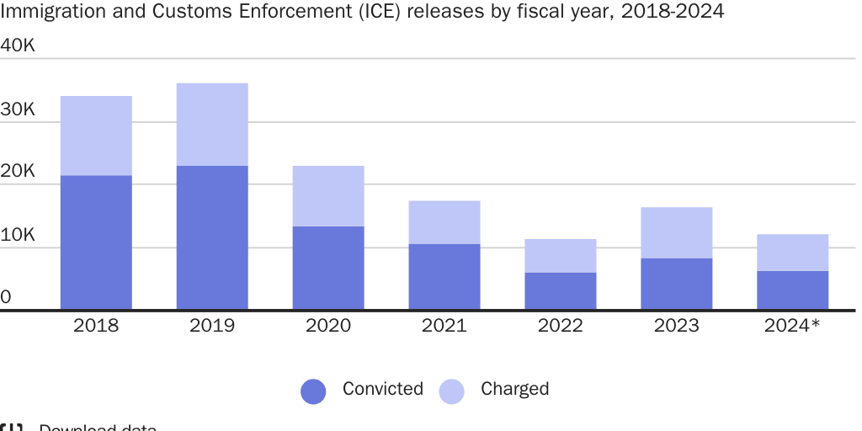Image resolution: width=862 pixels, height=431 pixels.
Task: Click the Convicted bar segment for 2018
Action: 96,242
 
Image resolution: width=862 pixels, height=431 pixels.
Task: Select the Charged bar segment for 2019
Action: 212,125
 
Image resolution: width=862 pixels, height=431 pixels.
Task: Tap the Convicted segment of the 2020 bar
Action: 328,268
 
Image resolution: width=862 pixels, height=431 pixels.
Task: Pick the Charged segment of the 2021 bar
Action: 444,222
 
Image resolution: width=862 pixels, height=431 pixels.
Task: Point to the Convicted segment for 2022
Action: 561,291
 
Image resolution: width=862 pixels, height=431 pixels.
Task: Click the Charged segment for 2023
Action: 677,232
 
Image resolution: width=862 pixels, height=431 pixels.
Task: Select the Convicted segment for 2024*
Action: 793,290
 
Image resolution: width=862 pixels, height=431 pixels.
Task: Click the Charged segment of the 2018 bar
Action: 96,136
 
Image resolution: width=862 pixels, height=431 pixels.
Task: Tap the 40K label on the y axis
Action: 18,45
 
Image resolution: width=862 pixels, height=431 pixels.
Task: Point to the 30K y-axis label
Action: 18,109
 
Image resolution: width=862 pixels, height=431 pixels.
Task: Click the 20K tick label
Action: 18,172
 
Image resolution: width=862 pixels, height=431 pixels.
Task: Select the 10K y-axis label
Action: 18,235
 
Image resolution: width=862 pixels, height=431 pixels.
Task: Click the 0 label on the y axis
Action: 6,297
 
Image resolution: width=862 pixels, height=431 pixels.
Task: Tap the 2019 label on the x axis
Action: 212,326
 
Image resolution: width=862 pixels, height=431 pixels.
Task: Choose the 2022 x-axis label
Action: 561,326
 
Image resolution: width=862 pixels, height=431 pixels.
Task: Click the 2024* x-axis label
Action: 792,326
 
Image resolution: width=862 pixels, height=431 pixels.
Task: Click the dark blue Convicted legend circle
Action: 313,391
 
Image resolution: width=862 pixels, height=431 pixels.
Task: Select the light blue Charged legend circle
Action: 452,391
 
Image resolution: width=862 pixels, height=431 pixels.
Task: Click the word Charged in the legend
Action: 514,389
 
